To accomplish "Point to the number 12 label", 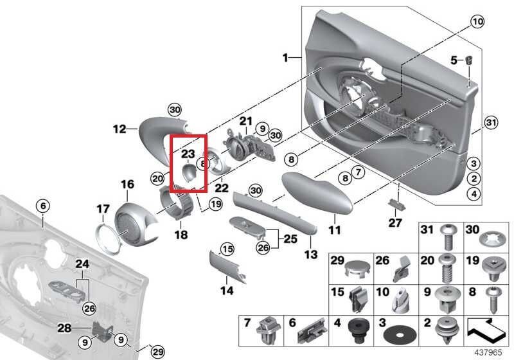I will (x=120, y=129).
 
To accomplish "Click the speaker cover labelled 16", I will (x=136, y=221).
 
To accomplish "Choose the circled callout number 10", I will (x=476, y=22).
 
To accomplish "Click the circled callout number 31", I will (x=491, y=123).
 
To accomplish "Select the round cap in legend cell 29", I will (x=355, y=267).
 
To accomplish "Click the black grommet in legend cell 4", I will (x=353, y=331).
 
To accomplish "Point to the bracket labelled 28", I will (x=102, y=331).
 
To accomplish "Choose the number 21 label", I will (x=247, y=121).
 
